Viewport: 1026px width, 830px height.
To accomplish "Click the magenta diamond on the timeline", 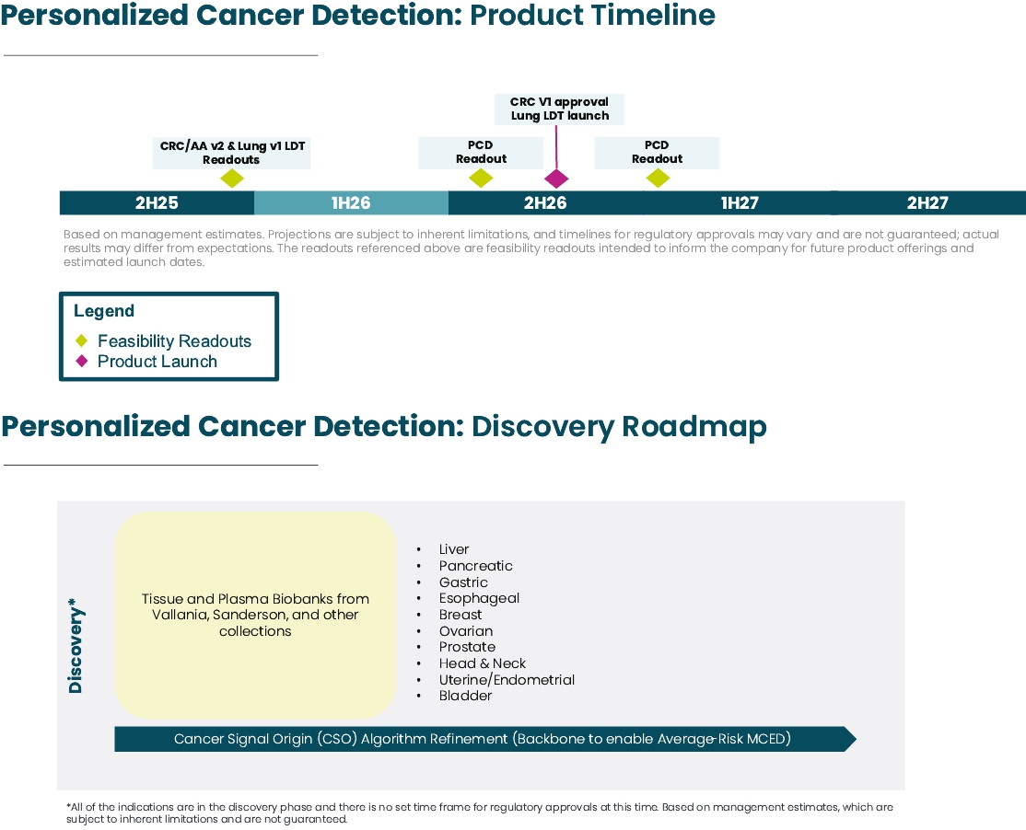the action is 556,179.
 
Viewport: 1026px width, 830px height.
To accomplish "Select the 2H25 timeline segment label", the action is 157,202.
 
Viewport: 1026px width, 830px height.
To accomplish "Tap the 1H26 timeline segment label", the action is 351,202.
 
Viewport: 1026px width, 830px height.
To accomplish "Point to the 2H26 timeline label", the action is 545,202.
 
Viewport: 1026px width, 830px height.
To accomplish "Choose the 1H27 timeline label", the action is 740,202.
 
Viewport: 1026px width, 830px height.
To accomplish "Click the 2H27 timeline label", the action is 927,202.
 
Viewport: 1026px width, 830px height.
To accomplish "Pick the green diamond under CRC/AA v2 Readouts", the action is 232,179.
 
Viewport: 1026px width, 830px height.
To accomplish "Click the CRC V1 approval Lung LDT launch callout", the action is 559,109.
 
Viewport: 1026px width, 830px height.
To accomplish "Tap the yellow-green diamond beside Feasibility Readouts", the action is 82,340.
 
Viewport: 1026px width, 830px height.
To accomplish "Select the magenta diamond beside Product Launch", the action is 82,361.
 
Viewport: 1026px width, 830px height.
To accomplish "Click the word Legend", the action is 104,311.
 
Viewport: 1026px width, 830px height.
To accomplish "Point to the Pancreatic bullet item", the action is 476,566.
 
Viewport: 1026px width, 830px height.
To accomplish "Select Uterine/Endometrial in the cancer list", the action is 507,680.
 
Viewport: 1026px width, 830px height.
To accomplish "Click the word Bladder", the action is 465,696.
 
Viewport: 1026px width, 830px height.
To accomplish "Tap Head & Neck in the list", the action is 483,663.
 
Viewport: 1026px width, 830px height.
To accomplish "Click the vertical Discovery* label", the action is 76,645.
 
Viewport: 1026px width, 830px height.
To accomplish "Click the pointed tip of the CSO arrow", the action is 856,739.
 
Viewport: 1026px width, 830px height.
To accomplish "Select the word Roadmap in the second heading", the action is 694,427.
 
